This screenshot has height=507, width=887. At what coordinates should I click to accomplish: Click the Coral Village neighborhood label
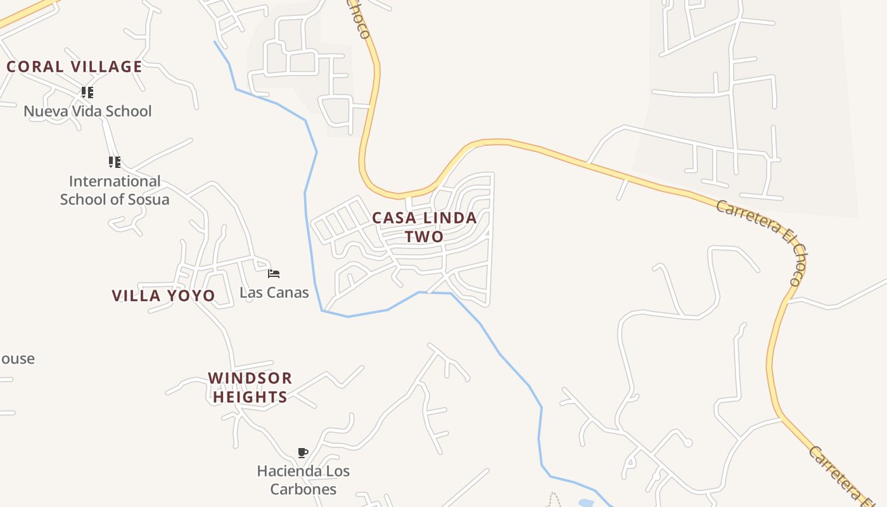(x=74, y=67)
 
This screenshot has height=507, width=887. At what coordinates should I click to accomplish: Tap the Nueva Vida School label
(x=87, y=112)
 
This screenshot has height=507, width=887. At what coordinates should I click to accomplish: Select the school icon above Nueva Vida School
(x=87, y=93)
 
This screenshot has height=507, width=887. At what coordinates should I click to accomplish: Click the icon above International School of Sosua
(x=114, y=162)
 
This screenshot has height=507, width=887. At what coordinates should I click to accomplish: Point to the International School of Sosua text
(x=115, y=190)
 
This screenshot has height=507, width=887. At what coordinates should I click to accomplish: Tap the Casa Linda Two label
(x=424, y=227)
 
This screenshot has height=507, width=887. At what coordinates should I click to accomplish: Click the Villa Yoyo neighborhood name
(x=163, y=295)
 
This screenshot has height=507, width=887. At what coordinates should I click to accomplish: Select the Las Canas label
(x=274, y=293)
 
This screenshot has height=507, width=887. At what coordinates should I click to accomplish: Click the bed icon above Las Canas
(x=274, y=274)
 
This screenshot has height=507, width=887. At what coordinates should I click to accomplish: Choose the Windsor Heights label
(x=250, y=387)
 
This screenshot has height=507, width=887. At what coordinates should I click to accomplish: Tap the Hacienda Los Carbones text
(x=303, y=480)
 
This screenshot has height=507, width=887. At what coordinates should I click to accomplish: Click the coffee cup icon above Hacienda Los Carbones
(x=303, y=452)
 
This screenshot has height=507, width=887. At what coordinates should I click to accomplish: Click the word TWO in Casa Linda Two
(x=424, y=236)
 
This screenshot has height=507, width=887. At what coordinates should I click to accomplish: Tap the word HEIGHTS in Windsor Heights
(x=250, y=397)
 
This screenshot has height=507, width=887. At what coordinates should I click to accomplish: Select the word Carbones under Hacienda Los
(x=303, y=489)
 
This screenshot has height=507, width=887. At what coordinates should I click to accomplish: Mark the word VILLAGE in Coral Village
(x=106, y=67)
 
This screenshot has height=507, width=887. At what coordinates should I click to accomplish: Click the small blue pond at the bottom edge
(x=586, y=503)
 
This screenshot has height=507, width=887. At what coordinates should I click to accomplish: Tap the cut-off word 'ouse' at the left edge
(x=17, y=359)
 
